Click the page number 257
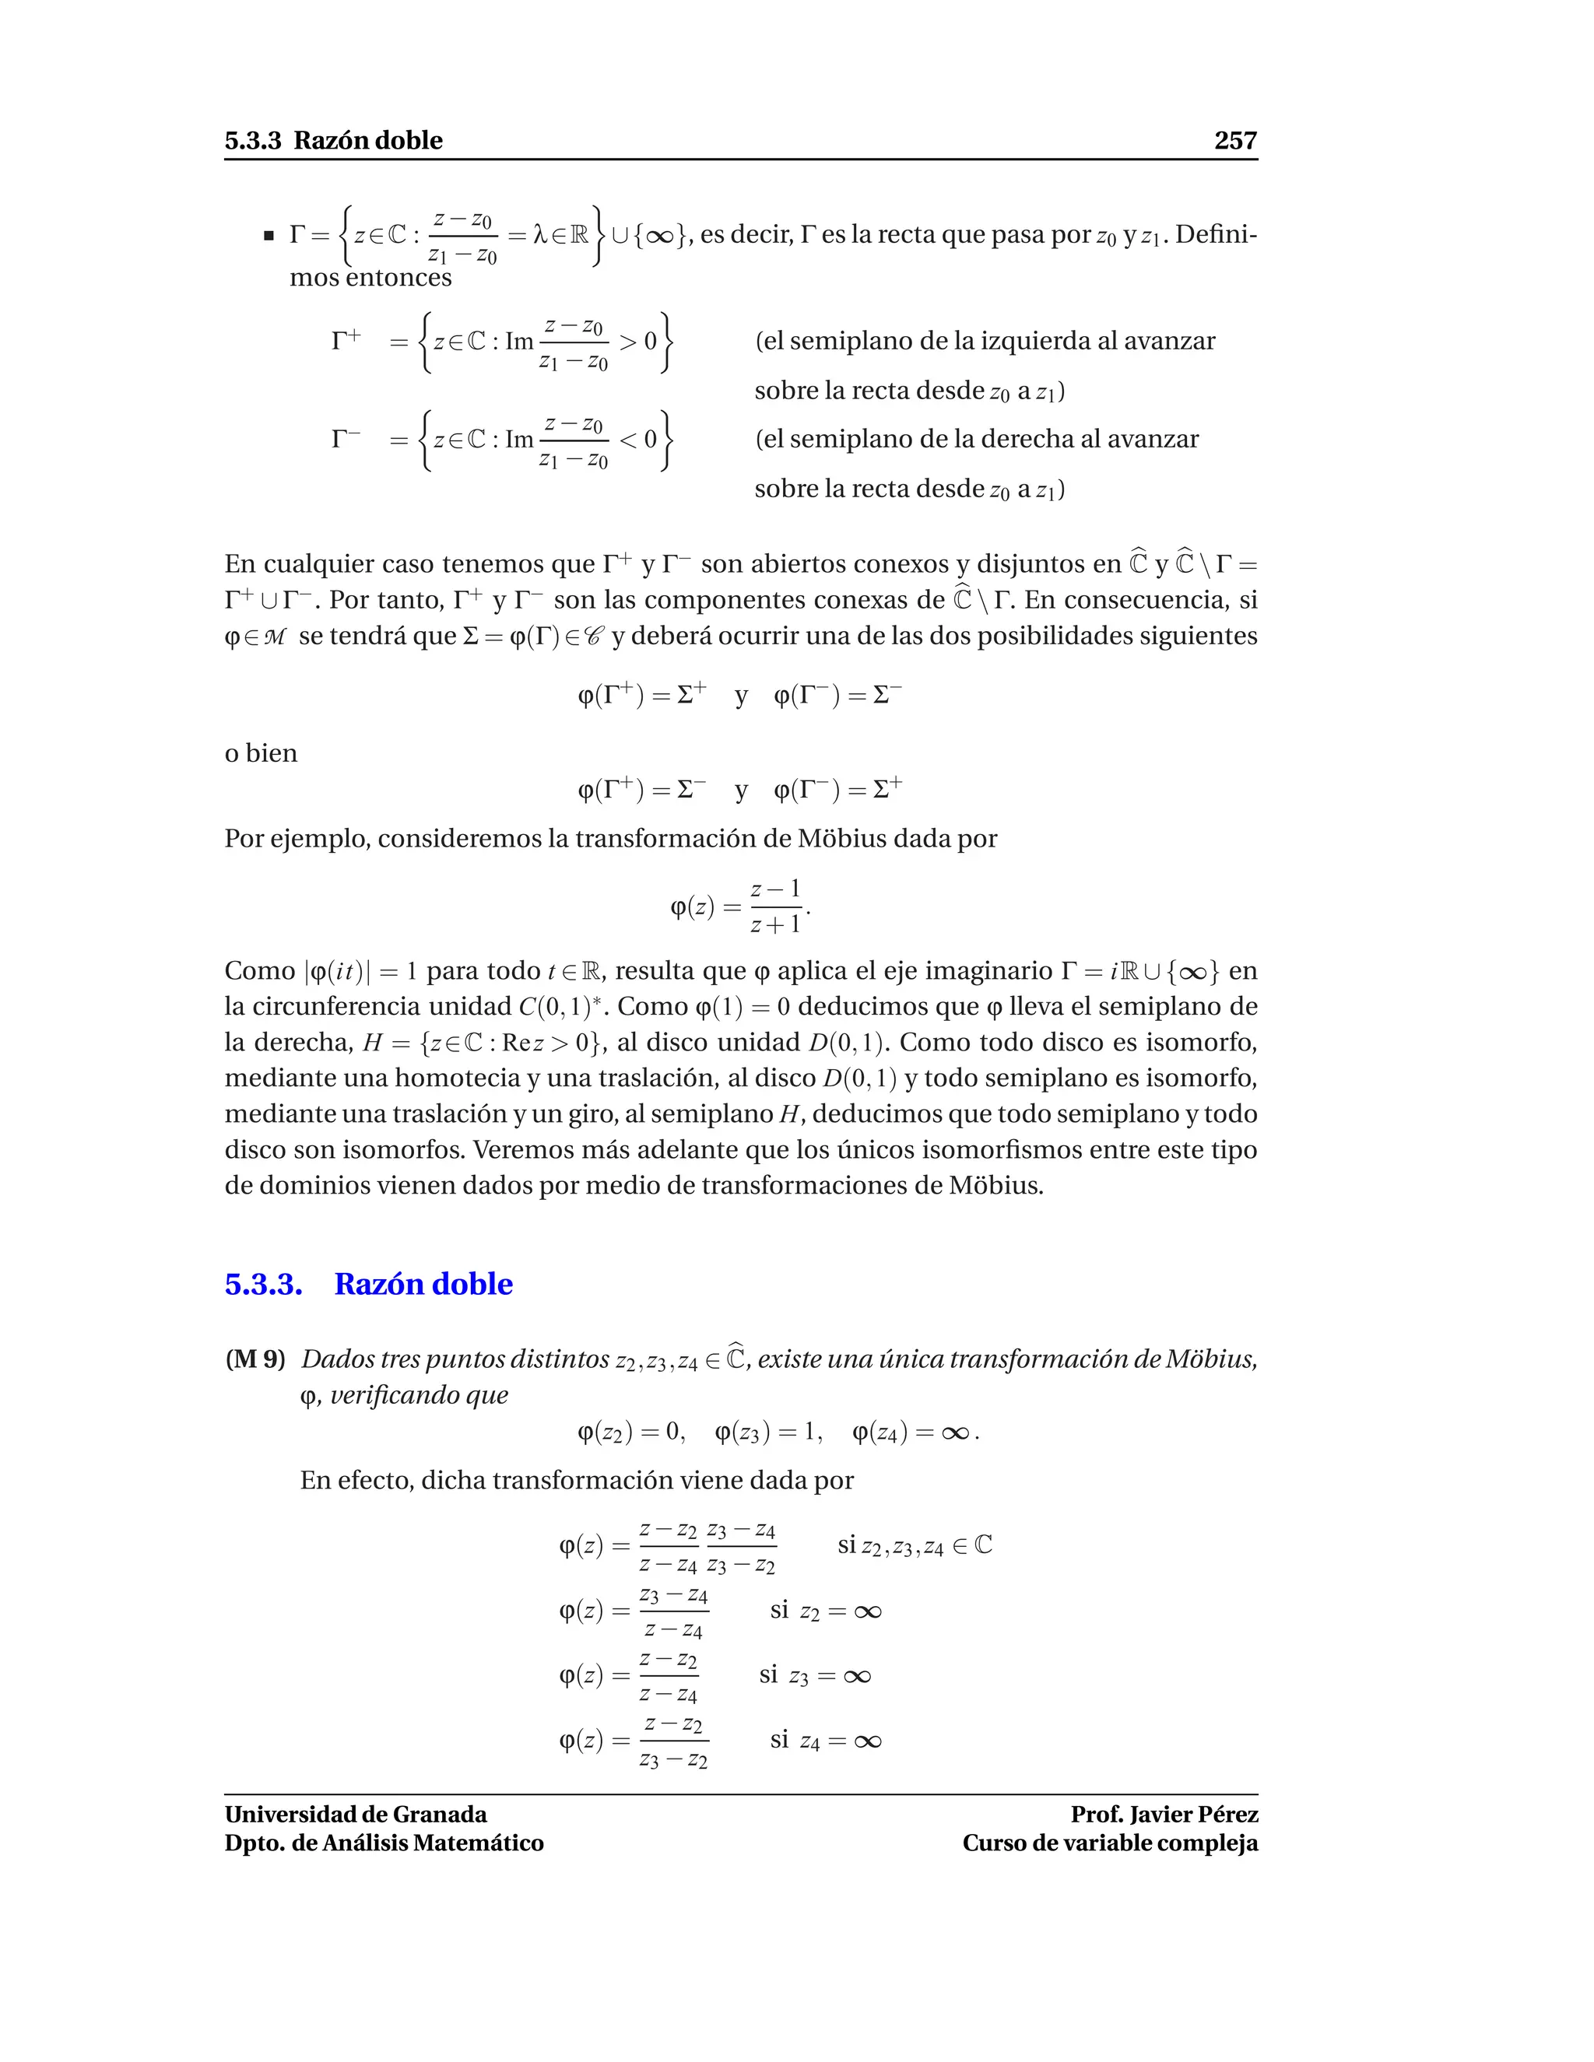[1234, 141]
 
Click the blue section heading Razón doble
[423, 1284]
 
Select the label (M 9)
[255, 1359]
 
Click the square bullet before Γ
[269, 235]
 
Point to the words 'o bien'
[261, 753]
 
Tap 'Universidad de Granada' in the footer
[355, 1815]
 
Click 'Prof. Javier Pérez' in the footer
[1164, 1815]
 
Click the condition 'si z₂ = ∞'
[825, 1611]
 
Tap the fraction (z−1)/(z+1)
[775, 907]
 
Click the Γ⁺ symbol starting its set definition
[346, 340]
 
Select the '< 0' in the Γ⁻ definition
[637, 439]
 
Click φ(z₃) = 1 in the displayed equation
[767, 1433]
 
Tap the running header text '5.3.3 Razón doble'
[333, 141]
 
